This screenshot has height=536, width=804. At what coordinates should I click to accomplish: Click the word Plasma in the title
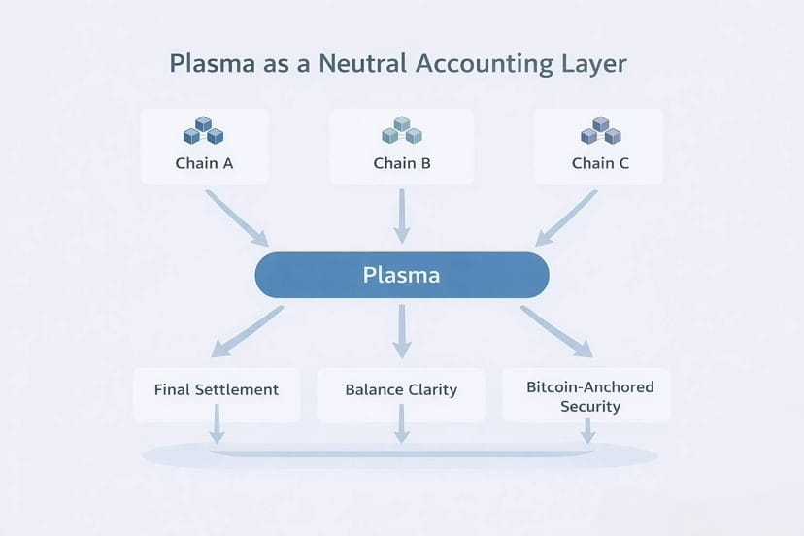coord(213,64)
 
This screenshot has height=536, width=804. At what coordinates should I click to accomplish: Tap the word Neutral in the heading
coord(362,64)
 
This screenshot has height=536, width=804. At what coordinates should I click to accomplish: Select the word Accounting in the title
coord(484,65)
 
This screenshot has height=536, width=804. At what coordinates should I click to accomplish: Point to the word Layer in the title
coord(593,65)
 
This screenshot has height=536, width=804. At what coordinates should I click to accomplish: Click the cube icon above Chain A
coord(204,130)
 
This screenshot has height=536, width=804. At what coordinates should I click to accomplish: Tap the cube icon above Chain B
coord(402,130)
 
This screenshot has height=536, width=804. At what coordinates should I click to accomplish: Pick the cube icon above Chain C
coord(600,130)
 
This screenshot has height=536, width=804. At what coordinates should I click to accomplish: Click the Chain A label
coord(204,163)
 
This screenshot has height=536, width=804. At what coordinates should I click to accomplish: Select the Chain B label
coord(402,163)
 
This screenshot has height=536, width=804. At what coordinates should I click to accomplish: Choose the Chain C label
coord(600,163)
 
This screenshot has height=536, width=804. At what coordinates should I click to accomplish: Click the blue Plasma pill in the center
coord(402,275)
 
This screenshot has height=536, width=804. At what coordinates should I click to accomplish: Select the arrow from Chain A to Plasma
coord(237,218)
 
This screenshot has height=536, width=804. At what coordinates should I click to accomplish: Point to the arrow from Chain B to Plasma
coord(402,217)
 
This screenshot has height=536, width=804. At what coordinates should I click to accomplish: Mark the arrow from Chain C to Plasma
coord(566,218)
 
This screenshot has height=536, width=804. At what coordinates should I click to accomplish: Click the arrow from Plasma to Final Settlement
coord(248,331)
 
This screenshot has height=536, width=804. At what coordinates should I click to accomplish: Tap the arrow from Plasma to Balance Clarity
coord(402,332)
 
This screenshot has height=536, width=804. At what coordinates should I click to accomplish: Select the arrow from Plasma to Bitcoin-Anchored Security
coord(556,331)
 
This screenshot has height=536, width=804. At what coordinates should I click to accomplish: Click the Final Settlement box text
coord(217,389)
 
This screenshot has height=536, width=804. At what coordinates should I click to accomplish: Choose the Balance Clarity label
coord(401,389)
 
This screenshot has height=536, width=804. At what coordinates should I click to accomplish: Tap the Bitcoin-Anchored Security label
coord(590,396)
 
